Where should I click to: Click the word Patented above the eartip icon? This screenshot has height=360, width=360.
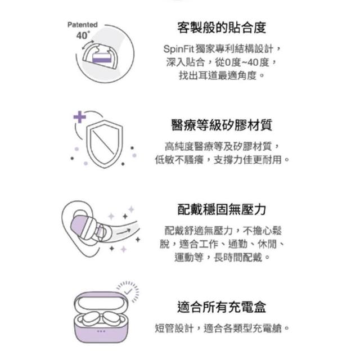(83, 25)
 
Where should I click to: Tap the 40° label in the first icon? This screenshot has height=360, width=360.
(83, 35)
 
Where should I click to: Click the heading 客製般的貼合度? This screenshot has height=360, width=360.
(222, 28)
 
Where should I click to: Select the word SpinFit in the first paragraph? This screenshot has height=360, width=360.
(179, 49)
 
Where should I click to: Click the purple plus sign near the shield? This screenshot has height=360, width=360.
(79, 117)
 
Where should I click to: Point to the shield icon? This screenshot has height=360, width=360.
(105, 144)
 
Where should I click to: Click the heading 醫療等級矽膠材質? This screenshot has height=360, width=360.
(222, 125)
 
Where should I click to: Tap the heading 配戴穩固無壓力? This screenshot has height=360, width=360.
(222, 209)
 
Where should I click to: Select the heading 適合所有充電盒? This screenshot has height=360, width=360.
(222, 307)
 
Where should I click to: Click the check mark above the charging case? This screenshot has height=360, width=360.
(128, 291)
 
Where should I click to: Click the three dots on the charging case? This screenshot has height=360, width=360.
(101, 331)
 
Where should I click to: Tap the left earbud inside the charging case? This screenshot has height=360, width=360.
(91, 318)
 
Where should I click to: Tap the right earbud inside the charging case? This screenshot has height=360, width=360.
(112, 318)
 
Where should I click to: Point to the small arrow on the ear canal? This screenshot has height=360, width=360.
(124, 231)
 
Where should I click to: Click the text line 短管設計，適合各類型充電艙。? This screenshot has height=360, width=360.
(222, 328)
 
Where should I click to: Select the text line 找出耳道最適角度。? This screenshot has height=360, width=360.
(222, 75)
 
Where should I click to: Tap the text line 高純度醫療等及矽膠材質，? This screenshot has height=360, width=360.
(222, 146)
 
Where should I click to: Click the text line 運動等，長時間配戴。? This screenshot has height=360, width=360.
(222, 257)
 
